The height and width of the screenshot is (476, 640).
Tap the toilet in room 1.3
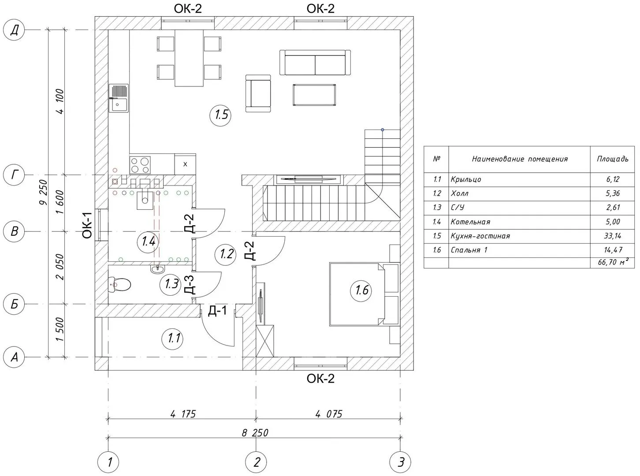pyautogui.click(x=120, y=284)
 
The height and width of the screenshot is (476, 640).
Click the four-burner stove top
pyautogui.click(x=140, y=164)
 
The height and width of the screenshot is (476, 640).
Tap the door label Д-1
pyautogui.click(x=217, y=311)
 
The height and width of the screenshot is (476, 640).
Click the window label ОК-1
pyautogui.click(x=87, y=225)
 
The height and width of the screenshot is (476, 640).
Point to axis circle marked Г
pyautogui.click(x=15, y=175)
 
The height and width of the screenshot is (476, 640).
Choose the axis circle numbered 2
pyautogui.click(x=257, y=462)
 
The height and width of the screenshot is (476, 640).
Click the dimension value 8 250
pyautogui.click(x=255, y=432)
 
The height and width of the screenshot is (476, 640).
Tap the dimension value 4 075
pyautogui.click(x=328, y=414)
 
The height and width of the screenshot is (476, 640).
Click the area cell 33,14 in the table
pyautogui.click(x=613, y=236)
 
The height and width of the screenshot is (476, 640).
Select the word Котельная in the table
pyautogui.click(x=470, y=222)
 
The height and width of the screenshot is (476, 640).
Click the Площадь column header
pyautogui.click(x=613, y=159)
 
